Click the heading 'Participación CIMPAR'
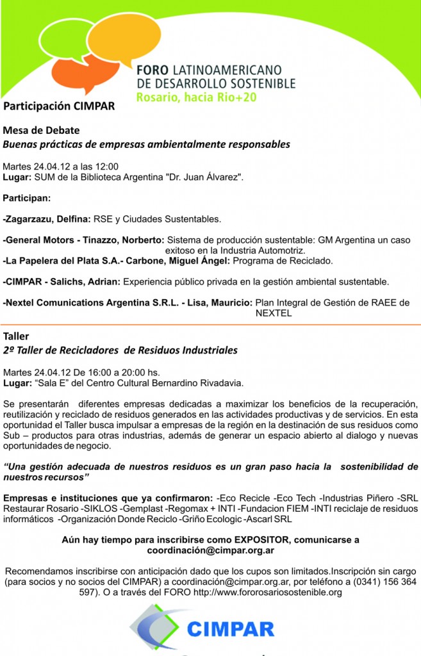point(59,106)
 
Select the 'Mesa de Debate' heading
point(41,130)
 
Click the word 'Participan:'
point(26,198)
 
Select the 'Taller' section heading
point(16,336)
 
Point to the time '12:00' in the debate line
point(106,167)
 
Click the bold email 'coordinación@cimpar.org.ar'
point(210,550)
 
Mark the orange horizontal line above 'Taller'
point(210,325)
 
